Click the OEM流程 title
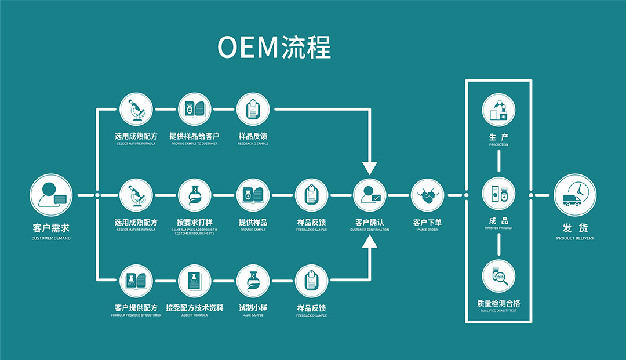[x=274, y=48]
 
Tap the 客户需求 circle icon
[x=51, y=195]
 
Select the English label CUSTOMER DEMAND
[x=51, y=238]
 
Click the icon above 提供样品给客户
[x=194, y=109]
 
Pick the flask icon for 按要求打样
[x=194, y=195]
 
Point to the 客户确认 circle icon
[x=370, y=195]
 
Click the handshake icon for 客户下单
[x=428, y=195]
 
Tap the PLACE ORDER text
[x=428, y=230]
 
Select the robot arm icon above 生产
[x=498, y=109]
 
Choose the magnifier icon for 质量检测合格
[x=498, y=277]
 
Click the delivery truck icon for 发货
[x=574, y=195]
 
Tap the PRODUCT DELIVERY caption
[x=574, y=238]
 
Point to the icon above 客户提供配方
[x=136, y=281]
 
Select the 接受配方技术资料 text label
[x=194, y=308]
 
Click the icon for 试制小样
[x=253, y=281]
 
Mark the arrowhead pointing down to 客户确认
[x=370, y=168]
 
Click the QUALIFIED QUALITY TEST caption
[x=498, y=311]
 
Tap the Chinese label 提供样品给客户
[x=194, y=136]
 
